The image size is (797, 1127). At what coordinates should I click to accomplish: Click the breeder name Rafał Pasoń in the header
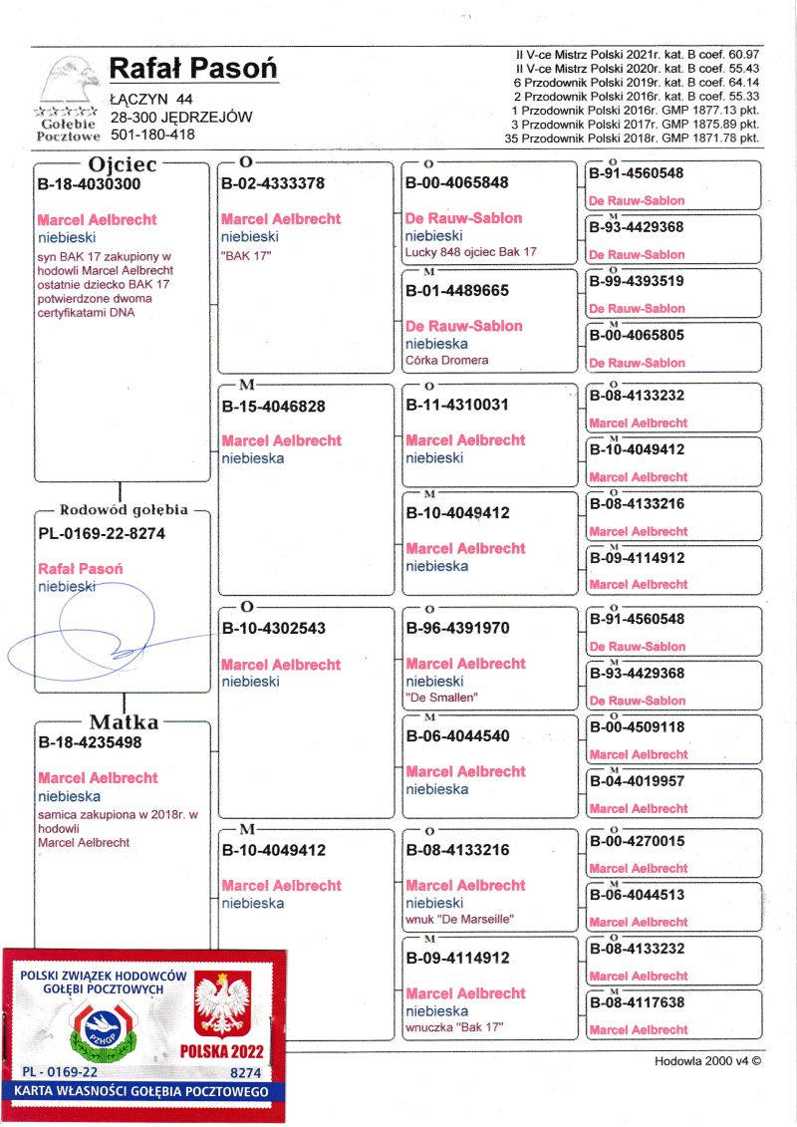pyautogui.click(x=193, y=69)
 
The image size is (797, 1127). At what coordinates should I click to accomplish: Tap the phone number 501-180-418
pyautogui.click(x=152, y=135)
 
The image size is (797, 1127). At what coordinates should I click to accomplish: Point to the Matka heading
pyautogui.click(x=125, y=721)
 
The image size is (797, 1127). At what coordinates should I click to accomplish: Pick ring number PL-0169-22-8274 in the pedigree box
pyautogui.click(x=102, y=533)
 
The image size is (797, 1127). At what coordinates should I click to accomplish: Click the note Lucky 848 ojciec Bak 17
pyautogui.click(x=470, y=252)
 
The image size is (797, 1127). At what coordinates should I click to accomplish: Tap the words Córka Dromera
pyautogui.click(x=446, y=360)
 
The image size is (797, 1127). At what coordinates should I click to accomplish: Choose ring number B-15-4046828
pyautogui.click(x=273, y=407)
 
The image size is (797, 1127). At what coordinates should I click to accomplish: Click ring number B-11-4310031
pyautogui.click(x=457, y=406)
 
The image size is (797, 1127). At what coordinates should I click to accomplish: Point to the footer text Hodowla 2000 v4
pyautogui.click(x=707, y=1061)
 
